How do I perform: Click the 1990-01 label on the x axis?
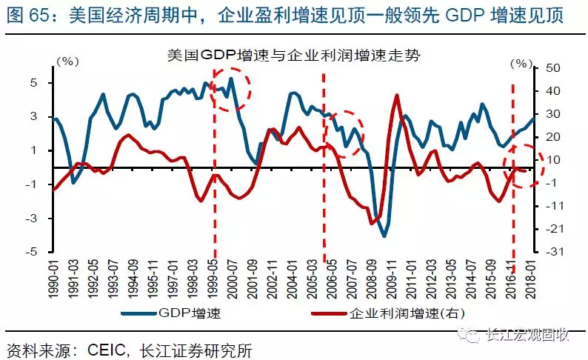click(55, 278)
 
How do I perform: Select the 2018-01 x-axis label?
click(531, 278)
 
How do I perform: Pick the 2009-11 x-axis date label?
click(395, 278)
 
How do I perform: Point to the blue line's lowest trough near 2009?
click(384, 236)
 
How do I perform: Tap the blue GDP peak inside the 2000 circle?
click(231, 79)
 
